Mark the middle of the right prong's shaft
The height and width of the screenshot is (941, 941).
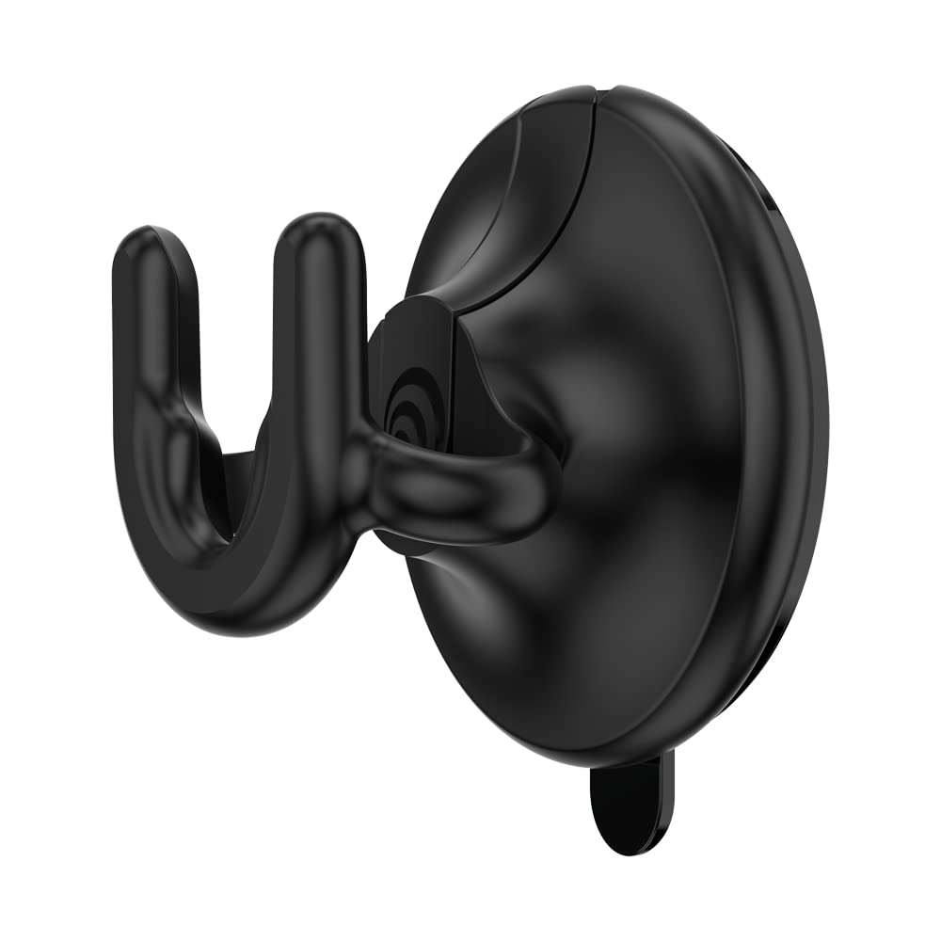coord(320,376)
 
